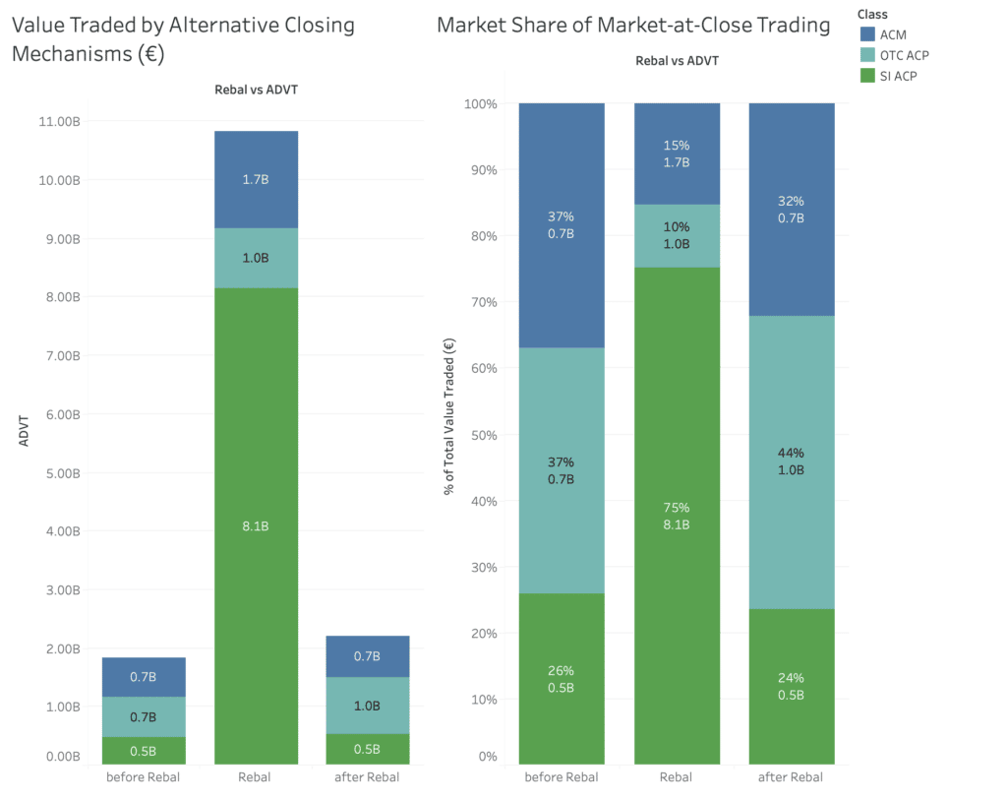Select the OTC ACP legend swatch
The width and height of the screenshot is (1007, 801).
[867, 56]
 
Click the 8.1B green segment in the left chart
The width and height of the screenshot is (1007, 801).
[256, 525]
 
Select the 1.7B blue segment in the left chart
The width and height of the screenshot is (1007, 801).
[256, 180]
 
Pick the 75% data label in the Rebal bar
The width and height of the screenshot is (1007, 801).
[676, 508]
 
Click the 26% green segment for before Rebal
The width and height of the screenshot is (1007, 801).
[561, 679]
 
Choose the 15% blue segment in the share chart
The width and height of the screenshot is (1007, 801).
[676, 154]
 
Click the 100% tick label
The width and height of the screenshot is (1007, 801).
[481, 103]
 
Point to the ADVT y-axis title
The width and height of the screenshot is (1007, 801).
[26, 432]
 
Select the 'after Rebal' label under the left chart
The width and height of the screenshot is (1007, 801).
[368, 777]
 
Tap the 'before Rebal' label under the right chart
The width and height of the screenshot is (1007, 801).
[561, 777]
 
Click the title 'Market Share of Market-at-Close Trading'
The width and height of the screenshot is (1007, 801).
[633, 26]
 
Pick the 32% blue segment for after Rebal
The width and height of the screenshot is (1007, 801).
[792, 210]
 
